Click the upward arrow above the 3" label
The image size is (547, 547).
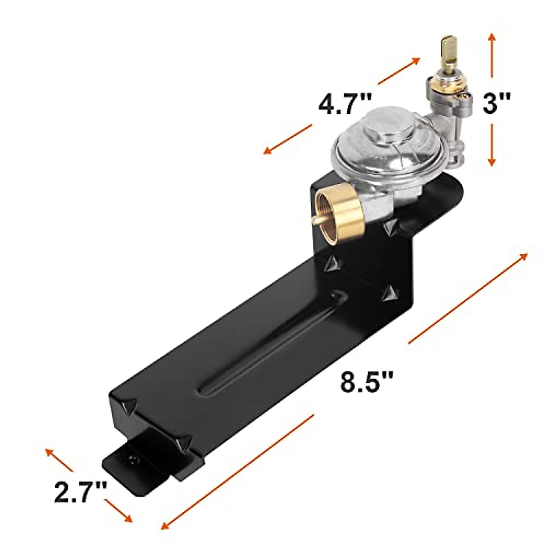point(491,54)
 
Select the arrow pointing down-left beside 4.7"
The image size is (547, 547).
point(287,139)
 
